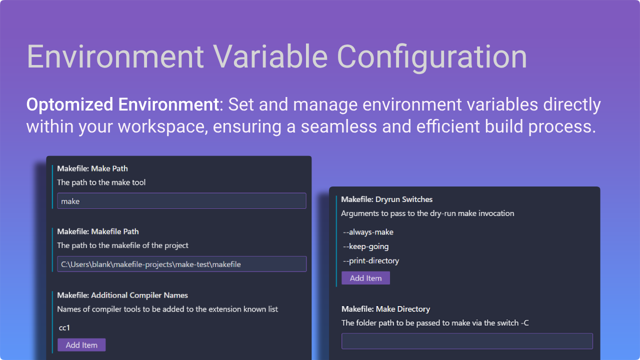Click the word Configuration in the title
click(431, 56)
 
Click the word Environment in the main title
click(115, 56)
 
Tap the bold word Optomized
click(70, 105)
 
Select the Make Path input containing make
click(181, 201)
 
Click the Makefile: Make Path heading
click(92, 168)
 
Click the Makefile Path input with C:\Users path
click(181, 264)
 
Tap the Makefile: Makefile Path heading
click(97, 231)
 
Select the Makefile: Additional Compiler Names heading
click(122, 295)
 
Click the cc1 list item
click(64, 328)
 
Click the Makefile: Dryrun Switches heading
click(386, 199)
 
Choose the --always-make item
click(368, 232)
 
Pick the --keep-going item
click(365, 246)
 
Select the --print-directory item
click(370, 260)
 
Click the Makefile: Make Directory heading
click(385, 309)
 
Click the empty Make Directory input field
click(466, 341)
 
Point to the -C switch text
click(524, 323)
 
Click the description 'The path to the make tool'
click(101, 182)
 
